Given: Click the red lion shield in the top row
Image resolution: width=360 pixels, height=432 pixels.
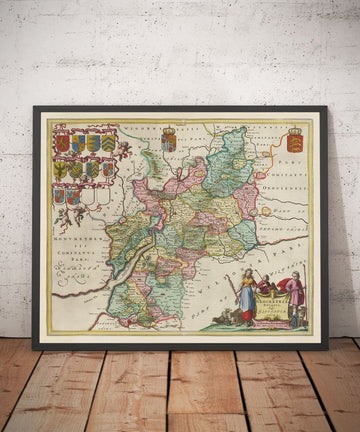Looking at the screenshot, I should [63, 143].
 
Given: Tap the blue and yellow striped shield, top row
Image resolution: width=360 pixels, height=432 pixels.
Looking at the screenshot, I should [78, 143].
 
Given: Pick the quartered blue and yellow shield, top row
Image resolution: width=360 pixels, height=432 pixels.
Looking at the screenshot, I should [93, 143].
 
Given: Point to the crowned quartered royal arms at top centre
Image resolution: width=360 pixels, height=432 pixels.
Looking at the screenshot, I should [169, 139].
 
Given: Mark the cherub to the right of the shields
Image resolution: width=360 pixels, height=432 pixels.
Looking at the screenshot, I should [123, 151].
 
